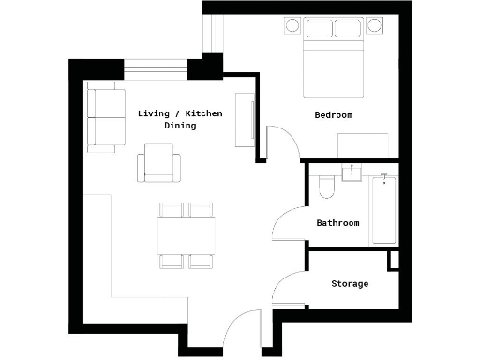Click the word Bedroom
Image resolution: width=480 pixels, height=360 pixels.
pyautogui.click(x=333, y=115)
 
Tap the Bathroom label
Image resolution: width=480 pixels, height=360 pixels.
pyautogui.click(x=337, y=223)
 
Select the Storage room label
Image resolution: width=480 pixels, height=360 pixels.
pyautogui.click(x=350, y=283)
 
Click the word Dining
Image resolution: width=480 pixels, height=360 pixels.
pyautogui.click(x=180, y=126)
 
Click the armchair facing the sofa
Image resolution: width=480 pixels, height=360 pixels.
pyautogui.click(x=159, y=163)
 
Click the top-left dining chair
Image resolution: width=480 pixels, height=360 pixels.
pyautogui.click(x=172, y=210)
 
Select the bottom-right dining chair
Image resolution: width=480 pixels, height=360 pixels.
pyautogui.click(x=202, y=260)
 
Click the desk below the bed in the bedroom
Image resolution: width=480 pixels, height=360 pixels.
pyautogui.click(x=364, y=145)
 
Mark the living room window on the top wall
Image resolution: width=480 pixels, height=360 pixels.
pyautogui.click(x=156, y=66)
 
